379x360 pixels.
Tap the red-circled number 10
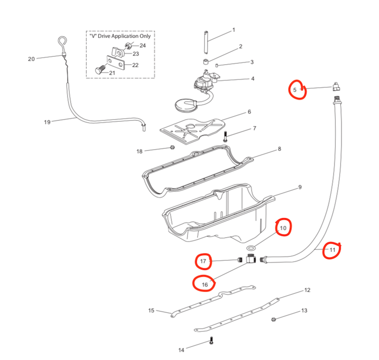284,227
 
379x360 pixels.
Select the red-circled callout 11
332,250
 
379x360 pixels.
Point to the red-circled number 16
205,284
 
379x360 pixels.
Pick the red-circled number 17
204,262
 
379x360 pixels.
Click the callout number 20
32,59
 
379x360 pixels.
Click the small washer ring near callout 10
250,248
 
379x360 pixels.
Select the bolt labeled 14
211,341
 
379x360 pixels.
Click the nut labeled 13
274,319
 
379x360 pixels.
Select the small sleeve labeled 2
205,62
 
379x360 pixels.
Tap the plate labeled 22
116,64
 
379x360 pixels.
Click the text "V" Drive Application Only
120,36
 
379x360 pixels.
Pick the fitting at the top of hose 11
336,88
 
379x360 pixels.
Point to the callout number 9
300,187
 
